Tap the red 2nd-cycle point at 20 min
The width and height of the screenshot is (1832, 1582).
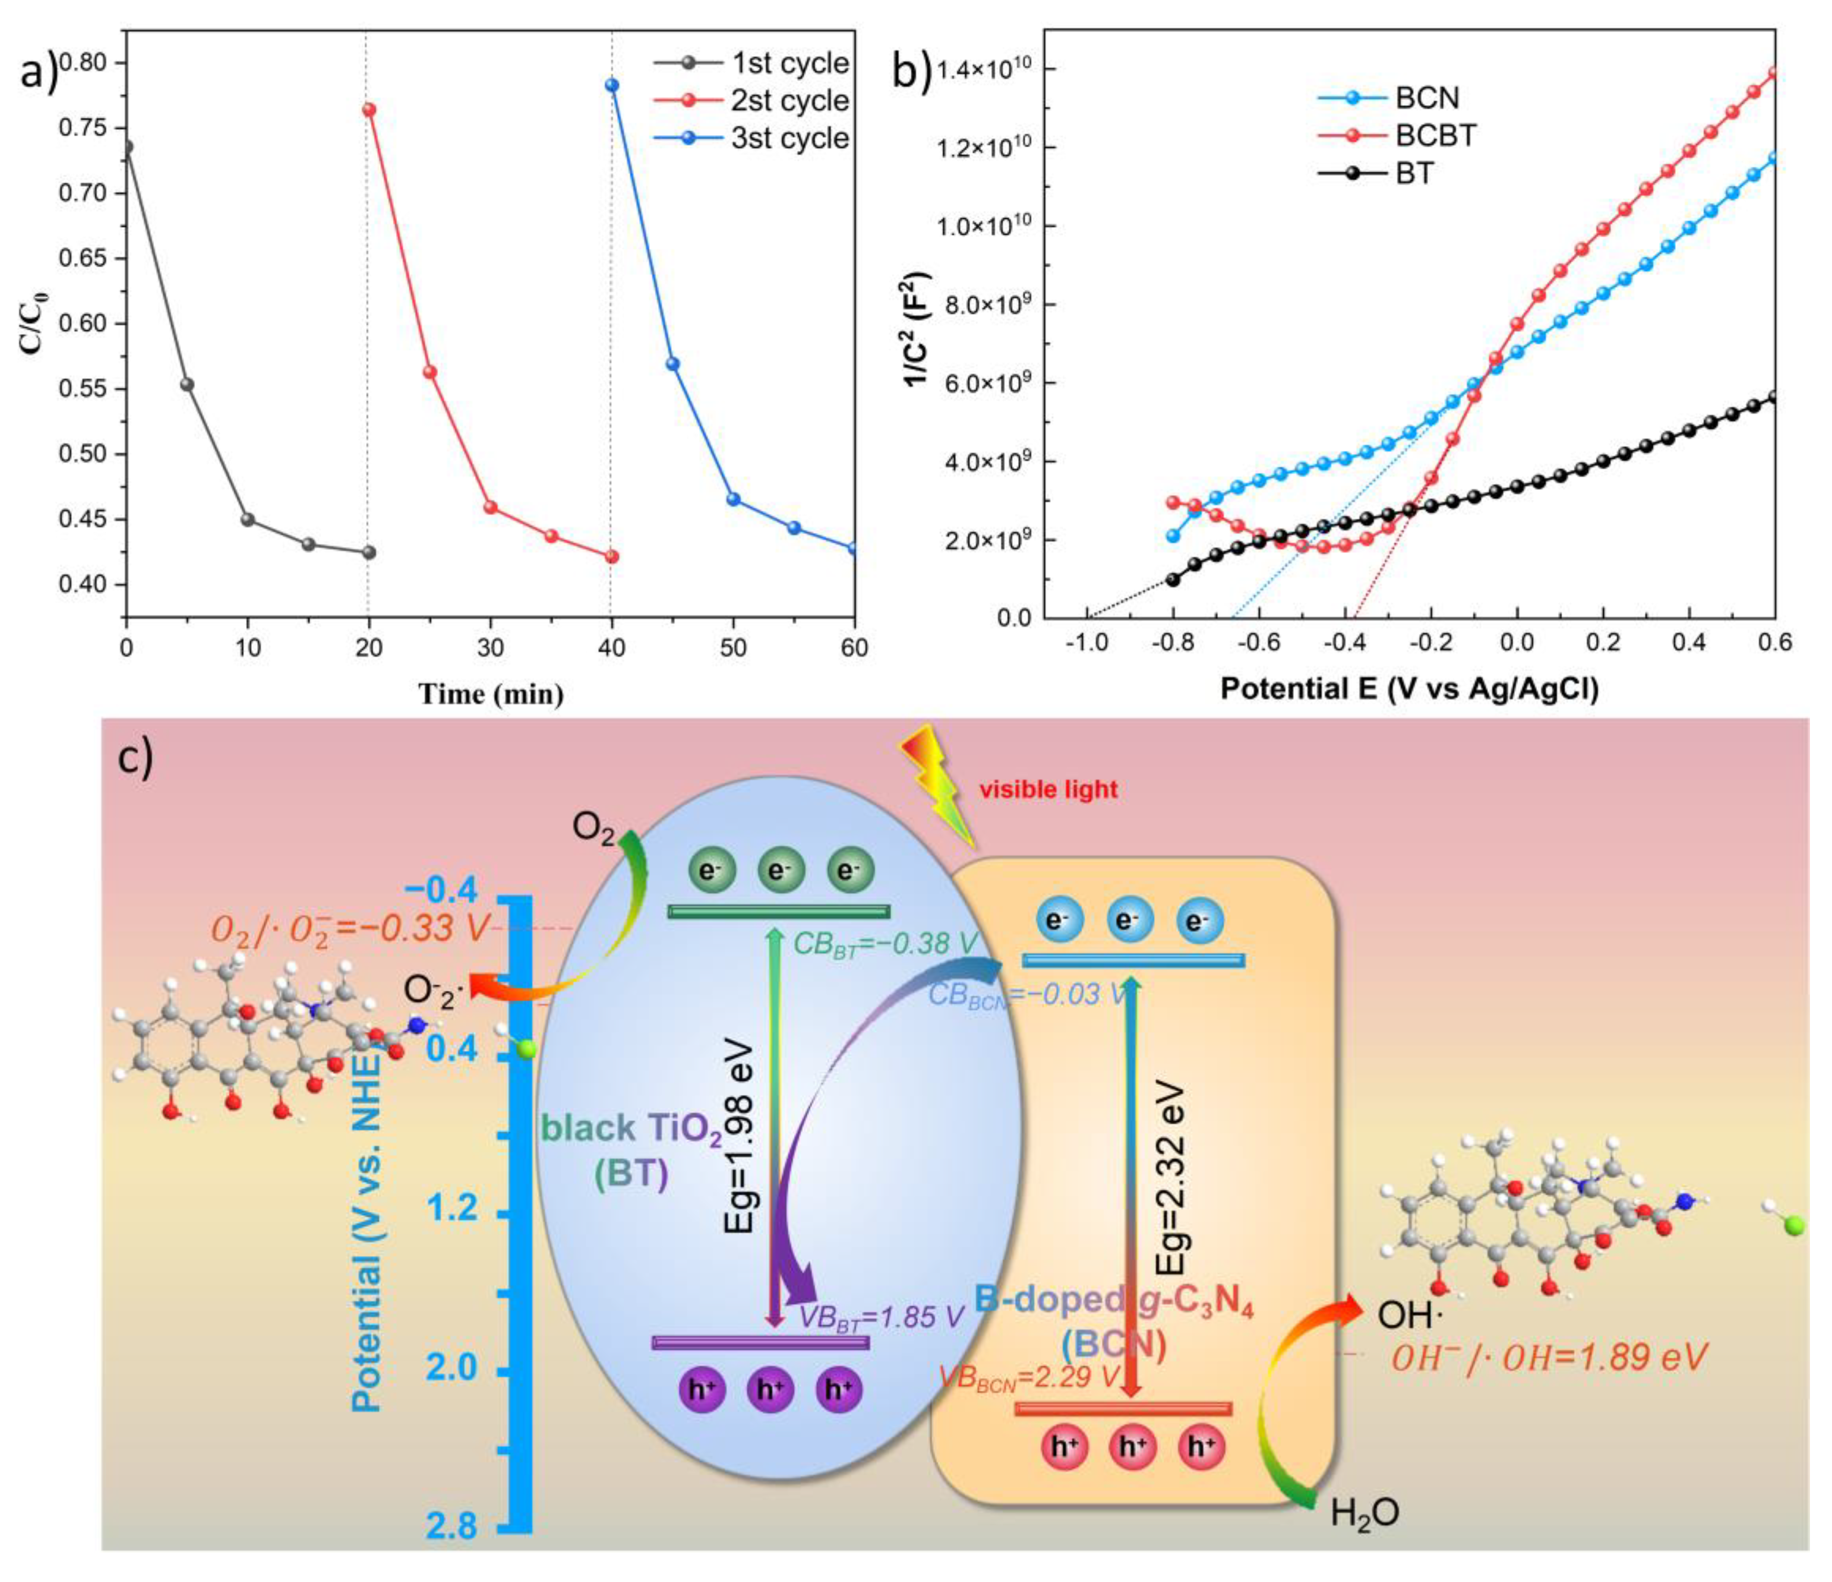coord(369,109)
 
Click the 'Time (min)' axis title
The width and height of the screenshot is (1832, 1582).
coord(491,694)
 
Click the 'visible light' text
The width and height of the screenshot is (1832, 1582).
coord(1048,789)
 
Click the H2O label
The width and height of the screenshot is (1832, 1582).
coord(1365,1513)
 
